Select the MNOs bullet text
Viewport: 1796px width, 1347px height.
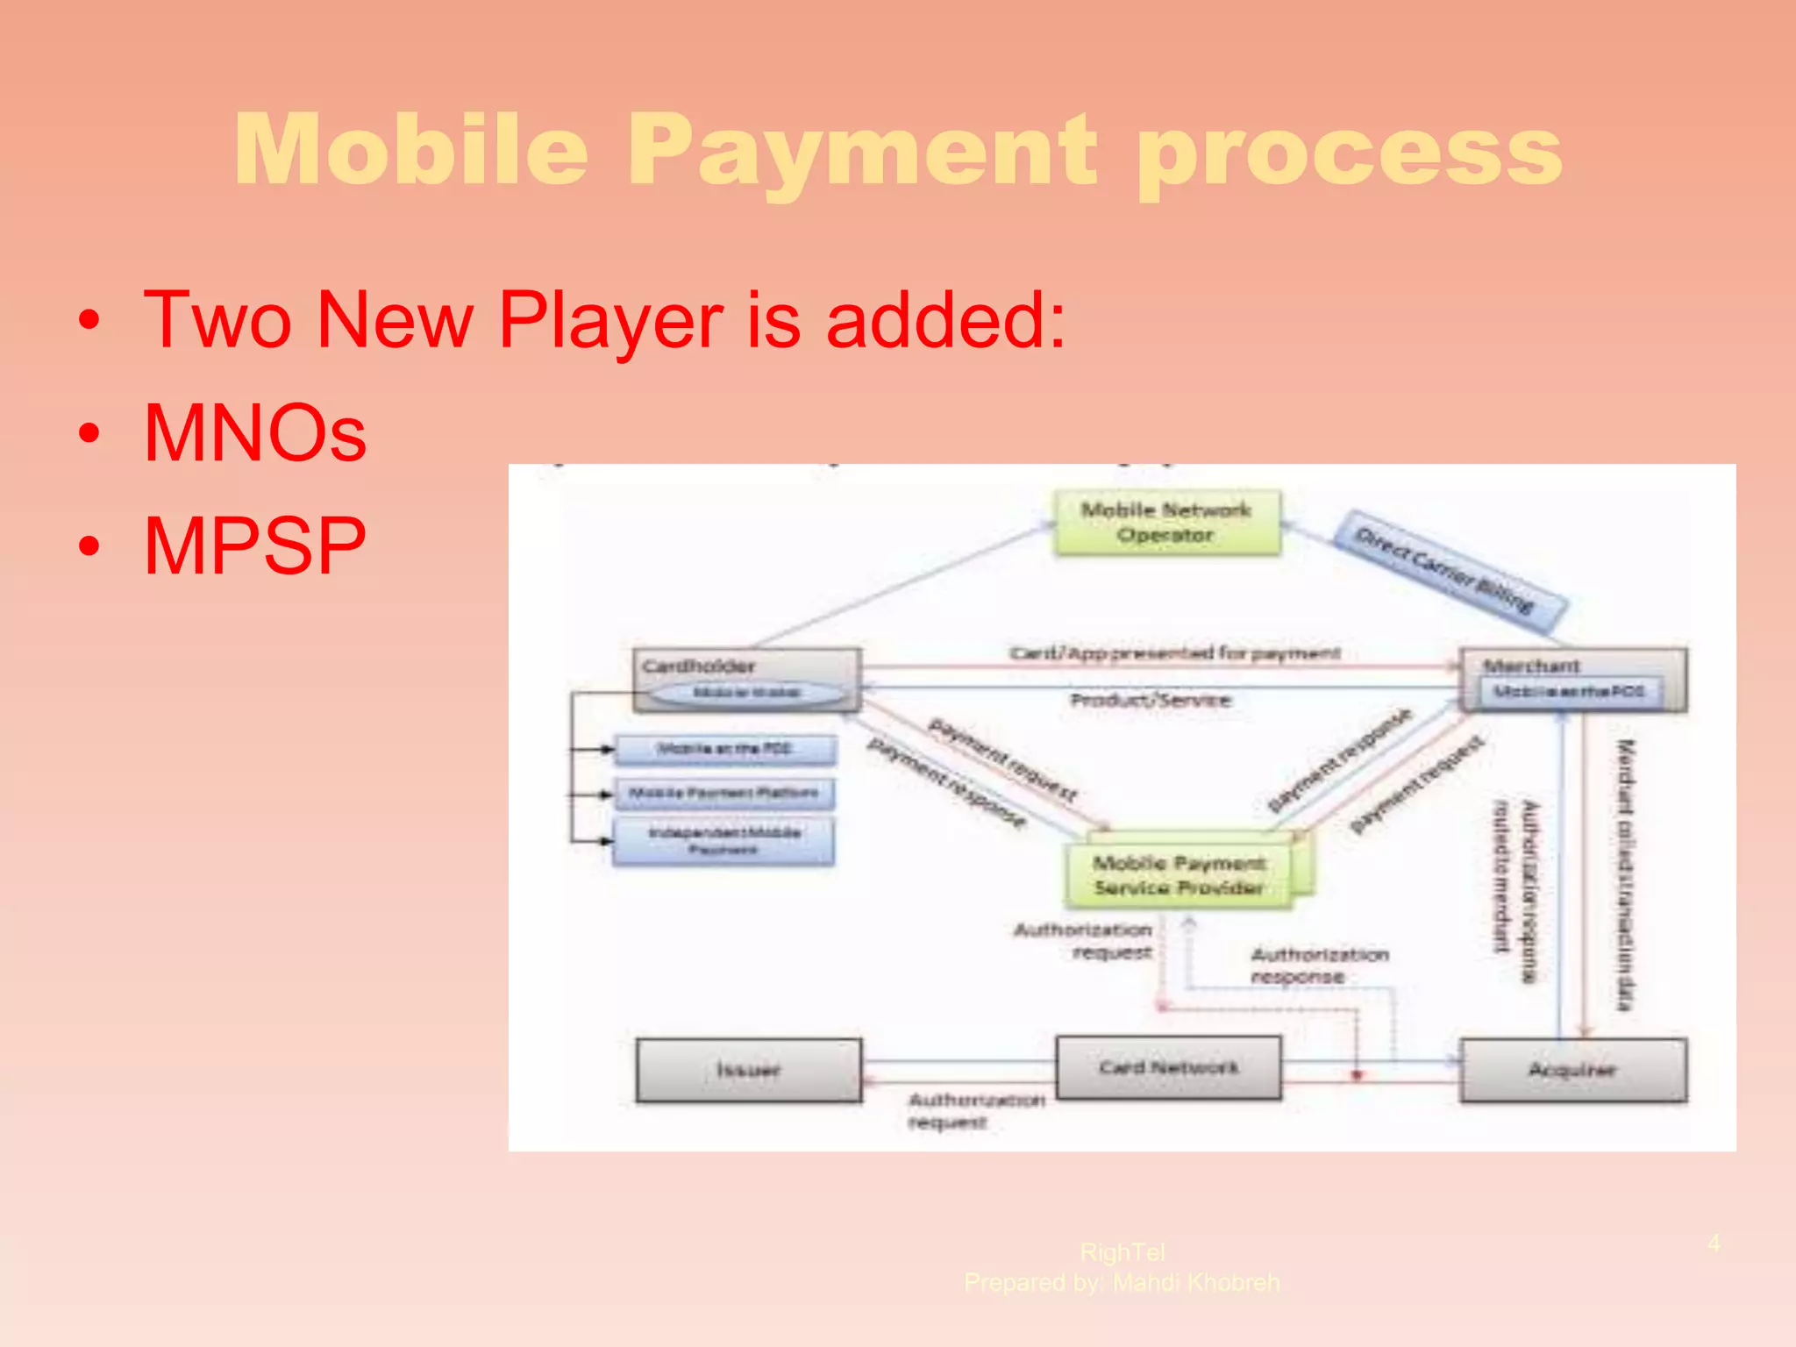click(x=254, y=432)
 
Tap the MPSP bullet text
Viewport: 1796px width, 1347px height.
click(x=254, y=546)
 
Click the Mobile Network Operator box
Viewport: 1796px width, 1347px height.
click(x=1165, y=523)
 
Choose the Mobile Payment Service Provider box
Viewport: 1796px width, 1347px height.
click(x=1180, y=875)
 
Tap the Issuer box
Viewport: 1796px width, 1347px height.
click(x=748, y=1070)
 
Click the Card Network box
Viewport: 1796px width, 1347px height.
click(x=1168, y=1067)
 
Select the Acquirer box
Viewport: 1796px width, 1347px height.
click(x=1572, y=1070)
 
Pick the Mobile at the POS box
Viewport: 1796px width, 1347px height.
click(x=724, y=750)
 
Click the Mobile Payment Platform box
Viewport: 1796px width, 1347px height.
click(x=724, y=794)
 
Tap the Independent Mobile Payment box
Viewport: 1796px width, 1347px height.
click(x=724, y=841)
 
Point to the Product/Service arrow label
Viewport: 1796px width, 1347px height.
click(x=1151, y=700)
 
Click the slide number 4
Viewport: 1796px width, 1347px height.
click(x=1714, y=1243)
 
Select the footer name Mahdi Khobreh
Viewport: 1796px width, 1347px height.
click(x=1196, y=1283)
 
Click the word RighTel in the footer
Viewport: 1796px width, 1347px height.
click(x=1122, y=1252)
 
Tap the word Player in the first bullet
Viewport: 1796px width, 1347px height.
click(x=610, y=321)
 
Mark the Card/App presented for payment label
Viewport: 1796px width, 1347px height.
click(x=1175, y=653)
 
